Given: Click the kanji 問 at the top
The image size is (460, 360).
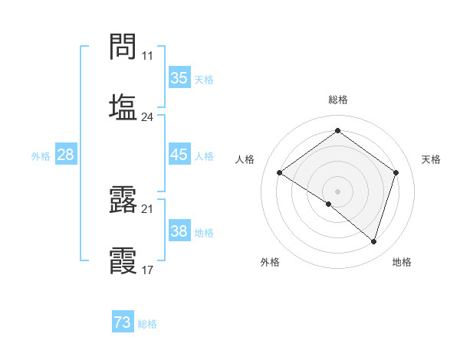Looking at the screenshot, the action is click(123, 47).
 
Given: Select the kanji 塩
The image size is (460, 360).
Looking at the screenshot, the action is click(123, 106).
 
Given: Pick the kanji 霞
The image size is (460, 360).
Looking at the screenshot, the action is click(123, 259).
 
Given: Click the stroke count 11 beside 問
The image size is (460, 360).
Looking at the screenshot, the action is click(147, 57).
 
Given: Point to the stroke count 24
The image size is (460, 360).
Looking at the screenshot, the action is click(147, 117).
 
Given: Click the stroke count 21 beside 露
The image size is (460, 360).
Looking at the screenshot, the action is click(147, 209).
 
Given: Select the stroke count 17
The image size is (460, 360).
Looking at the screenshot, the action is click(147, 270).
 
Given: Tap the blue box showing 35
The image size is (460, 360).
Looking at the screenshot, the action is click(179, 78).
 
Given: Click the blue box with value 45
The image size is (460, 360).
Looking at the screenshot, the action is click(179, 155).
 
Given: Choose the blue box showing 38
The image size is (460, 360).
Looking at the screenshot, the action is click(179, 231).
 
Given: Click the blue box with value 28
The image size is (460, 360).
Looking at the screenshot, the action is click(65, 155).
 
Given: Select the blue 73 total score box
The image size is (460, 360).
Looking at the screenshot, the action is click(123, 322).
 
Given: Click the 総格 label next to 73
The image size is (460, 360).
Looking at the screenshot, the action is click(147, 324).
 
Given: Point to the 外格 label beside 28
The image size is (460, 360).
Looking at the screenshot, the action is click(41, 156).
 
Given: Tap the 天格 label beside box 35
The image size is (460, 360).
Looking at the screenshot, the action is click(203, 80).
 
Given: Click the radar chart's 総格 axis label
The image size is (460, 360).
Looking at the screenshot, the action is click(338, 100).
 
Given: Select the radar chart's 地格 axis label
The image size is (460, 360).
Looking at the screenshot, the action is click(402, 263).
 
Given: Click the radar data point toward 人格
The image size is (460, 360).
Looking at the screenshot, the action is click(280, 173).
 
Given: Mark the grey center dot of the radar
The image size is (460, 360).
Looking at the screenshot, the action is click(338, 191).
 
